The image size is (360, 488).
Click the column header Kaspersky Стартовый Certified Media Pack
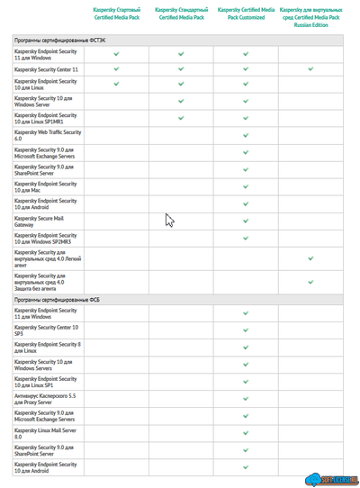[x=117, y=13]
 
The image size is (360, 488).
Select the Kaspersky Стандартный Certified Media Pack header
[x=181, y=13]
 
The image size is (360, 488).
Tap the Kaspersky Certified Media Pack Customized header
[x=246, y=13]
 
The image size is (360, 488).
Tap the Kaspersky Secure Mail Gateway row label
[x=44, y=221]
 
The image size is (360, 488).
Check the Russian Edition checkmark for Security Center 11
[x=310, y=69]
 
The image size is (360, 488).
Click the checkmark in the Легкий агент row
[x=310, y=258]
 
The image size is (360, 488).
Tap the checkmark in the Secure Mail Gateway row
[x=246, y=221]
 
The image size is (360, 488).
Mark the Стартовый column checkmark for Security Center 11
[x=117, y=69]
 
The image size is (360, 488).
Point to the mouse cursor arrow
[x=169, y=221]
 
